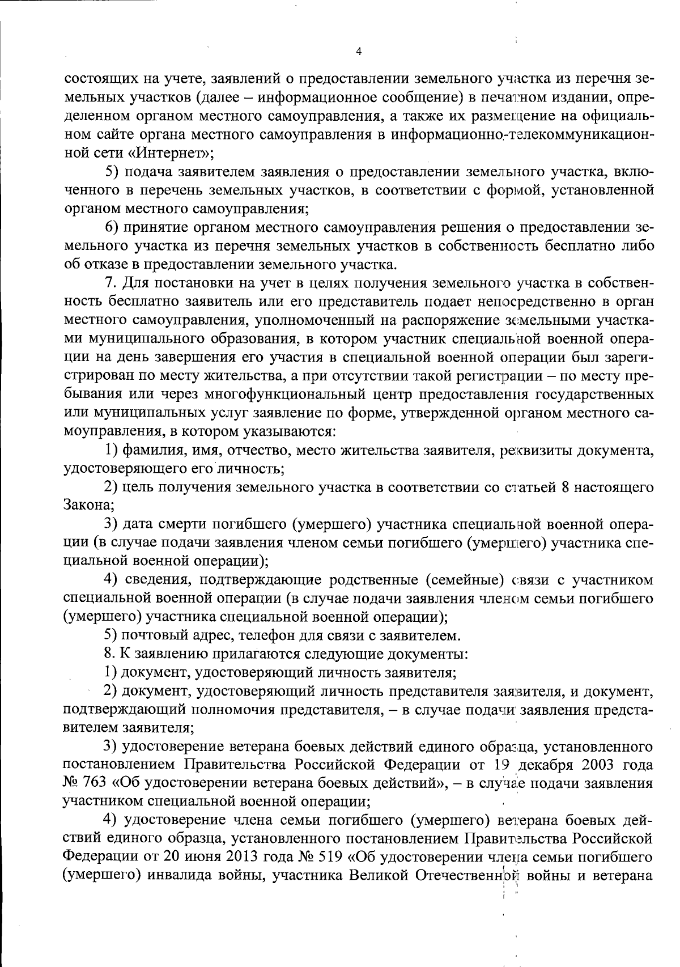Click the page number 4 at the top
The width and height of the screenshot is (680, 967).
(358, 52)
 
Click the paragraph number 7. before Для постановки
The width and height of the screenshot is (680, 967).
(111, 283)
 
